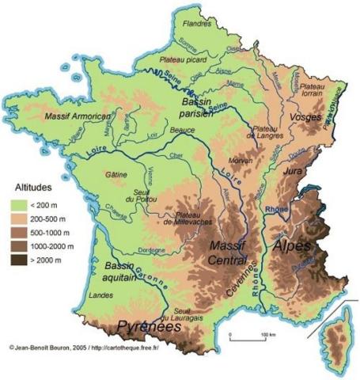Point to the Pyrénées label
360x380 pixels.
coord(146,325)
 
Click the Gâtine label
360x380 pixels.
coord(115,173)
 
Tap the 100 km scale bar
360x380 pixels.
coord(245,337)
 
